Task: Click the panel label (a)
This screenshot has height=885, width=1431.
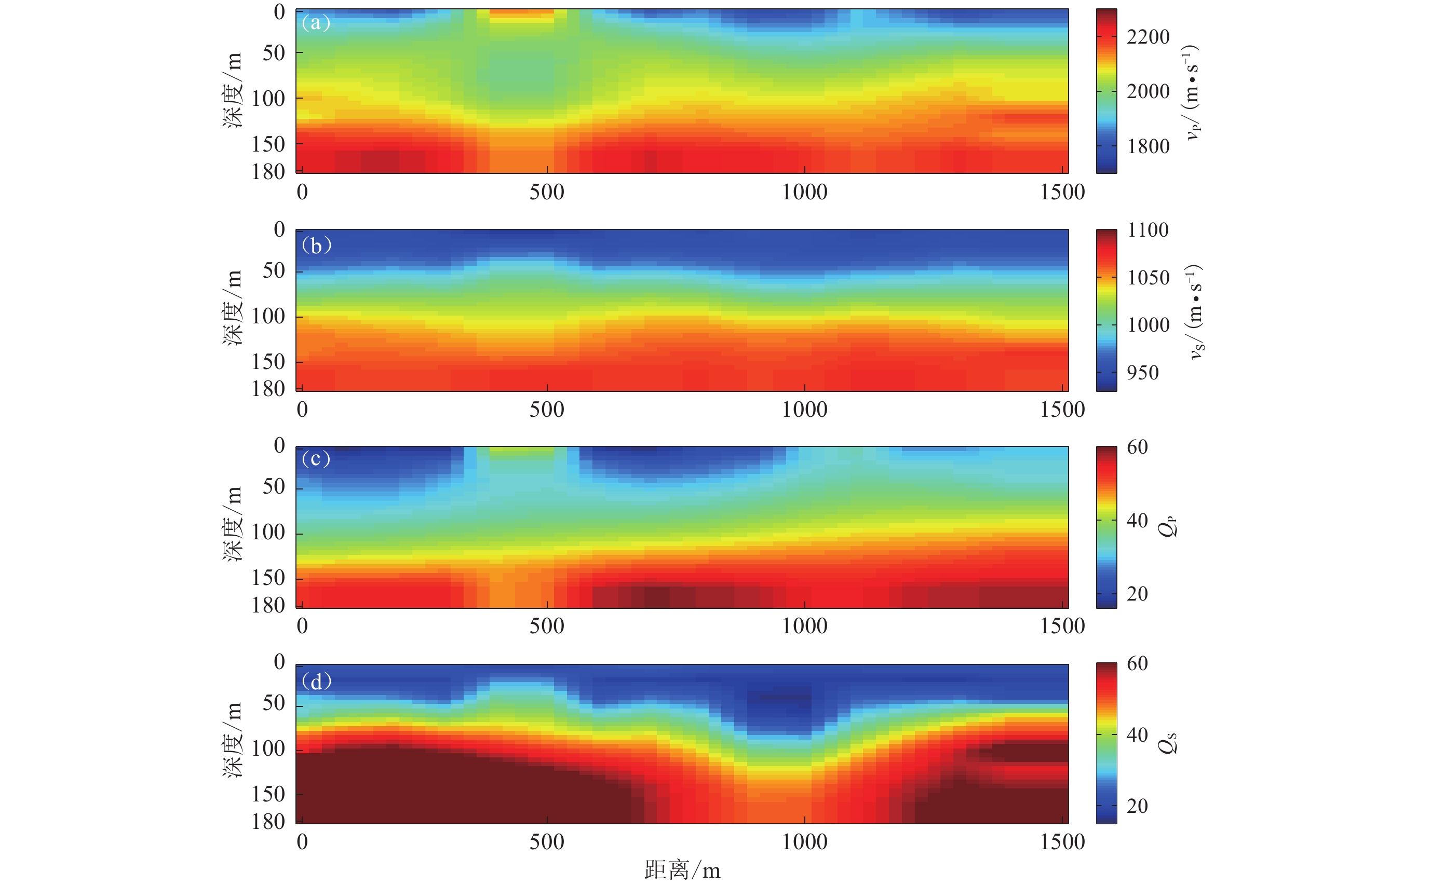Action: click(x=316, y=23)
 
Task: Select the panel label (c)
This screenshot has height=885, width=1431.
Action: click(x=316, y=459)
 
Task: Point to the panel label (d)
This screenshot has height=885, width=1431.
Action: click(x=316, y=682)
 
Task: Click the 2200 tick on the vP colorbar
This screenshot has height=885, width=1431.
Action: click(x=1147, y=37)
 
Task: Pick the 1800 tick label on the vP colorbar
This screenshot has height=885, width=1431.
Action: click(x=1147, y=146)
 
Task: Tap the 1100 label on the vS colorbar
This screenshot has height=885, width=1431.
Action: click(x=1147, y=230)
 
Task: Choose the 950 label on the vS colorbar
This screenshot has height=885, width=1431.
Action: click(x=1142, y=372)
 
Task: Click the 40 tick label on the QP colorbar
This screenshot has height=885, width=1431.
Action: click(x=1137, y=520)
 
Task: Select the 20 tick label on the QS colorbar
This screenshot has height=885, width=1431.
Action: click(x=1137, y=806)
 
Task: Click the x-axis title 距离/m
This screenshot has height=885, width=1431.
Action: click(x=682, y=870)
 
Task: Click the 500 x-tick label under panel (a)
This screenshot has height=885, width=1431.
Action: click(x=547, y=192)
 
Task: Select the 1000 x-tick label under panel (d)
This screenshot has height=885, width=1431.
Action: click(x=804, y=842)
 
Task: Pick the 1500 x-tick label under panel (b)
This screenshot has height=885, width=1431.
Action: click(x=1062, y=409)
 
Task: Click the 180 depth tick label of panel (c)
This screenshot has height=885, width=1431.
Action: click(x=268, y=605)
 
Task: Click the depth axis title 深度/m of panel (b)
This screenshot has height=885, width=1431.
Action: click(x=233, y=308)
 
